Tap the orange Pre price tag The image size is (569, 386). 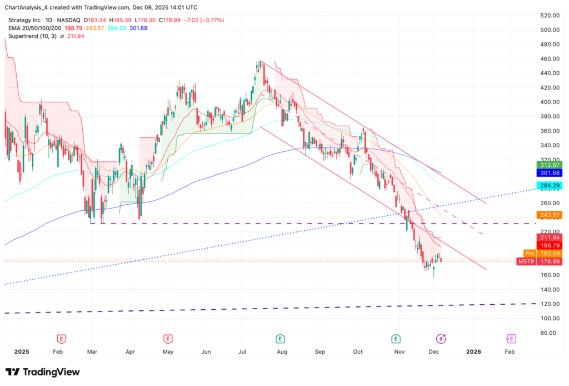pyautogui.click(x=529, y=253)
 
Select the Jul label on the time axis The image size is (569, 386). pyautogui.click(x=243, y=352)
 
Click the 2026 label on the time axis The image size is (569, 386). pyautogui.click(x=473, y=352)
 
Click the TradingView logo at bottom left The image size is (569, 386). pyautogui.click(x=43, y=372)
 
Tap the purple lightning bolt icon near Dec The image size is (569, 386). pyautogui.click(x=441, y=338)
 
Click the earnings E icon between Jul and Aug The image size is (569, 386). pyautogui.click(x=281, y=338)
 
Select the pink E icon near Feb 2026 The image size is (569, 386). pyautogui.click(x=511, y=338)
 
